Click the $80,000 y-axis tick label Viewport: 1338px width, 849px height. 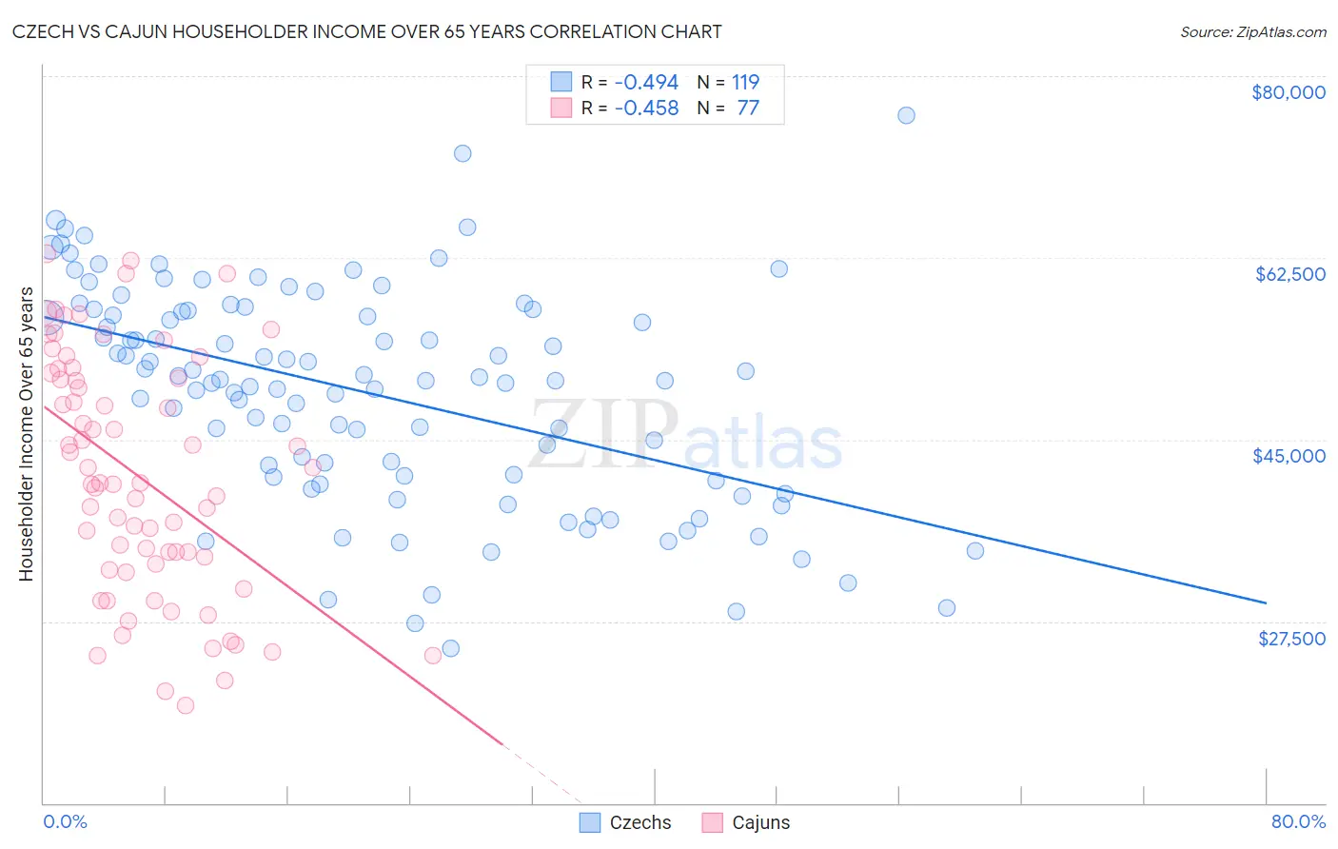pos(1289,92)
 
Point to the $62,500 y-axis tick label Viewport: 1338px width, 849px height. pos(1290,274)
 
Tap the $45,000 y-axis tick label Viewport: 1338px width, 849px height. pos(1289,456)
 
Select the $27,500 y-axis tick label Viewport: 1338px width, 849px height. pos(1291,639)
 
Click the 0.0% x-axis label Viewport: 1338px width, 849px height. pos(65,821)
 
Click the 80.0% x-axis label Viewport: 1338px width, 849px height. pos(1298,821)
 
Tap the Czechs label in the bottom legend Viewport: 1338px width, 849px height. pos(639,822)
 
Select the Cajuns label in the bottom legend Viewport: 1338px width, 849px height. pos(760,822)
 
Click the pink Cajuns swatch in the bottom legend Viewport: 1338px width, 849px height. pos(713,822)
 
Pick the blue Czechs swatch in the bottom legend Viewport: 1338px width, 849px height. pos(590,822)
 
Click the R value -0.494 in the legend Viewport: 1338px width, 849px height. pos(646,83)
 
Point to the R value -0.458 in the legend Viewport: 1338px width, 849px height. pos(646,109)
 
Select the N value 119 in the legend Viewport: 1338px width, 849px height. pos(745,83)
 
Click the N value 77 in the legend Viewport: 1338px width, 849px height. pos(748,109)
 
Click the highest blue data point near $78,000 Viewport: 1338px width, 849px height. pos(906,115)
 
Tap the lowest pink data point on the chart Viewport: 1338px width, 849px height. pos(186,705)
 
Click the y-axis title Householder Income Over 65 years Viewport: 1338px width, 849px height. pos(27,433)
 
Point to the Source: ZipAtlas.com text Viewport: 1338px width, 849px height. pos(1252,32)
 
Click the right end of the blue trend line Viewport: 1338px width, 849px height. pos(1266,602)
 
